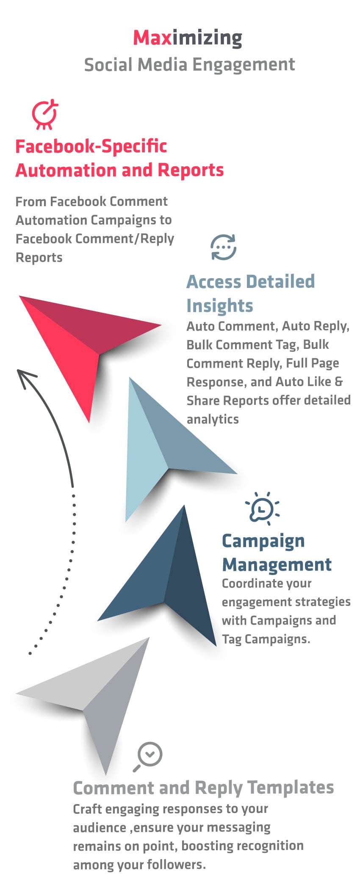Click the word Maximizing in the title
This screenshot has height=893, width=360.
[x=188, y=38]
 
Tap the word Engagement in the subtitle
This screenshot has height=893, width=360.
[x=244, y=65]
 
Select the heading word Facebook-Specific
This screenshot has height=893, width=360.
[x=91, y=147]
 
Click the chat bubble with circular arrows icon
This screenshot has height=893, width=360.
[x=224, y=247]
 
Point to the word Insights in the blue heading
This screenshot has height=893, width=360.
[x=220, y=306]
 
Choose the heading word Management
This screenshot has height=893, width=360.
[x=277, y=565]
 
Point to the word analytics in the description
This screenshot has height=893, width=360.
[x=213, y=419]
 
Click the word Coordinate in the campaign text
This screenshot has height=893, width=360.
[x=250, y=583]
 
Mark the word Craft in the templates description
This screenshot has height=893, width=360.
[x=87, y=809]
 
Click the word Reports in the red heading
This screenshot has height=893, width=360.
[x=191, y=170]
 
